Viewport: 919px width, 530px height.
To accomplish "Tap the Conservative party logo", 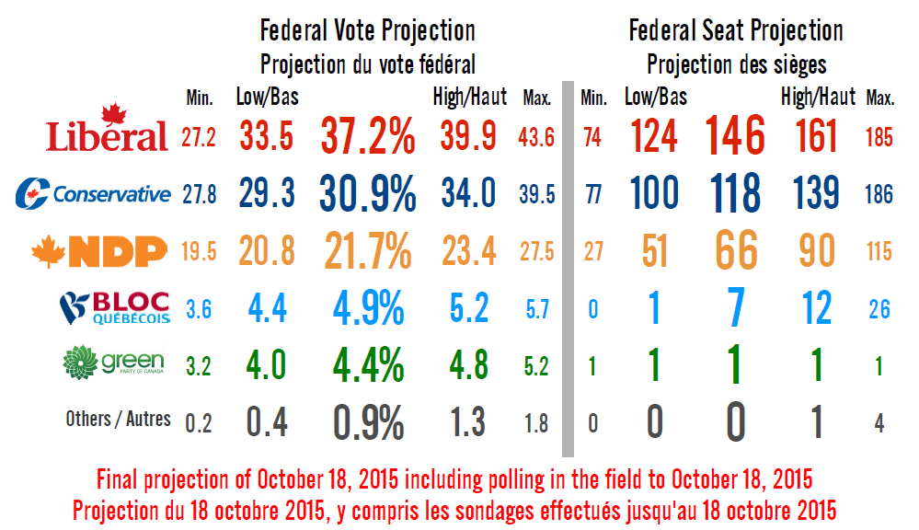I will click(94, 193).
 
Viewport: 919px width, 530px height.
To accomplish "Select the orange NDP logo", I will click(99, 249).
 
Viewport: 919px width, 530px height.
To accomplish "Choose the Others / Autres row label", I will click(118, 419).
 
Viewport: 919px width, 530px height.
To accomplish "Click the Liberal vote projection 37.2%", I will click(367, 137).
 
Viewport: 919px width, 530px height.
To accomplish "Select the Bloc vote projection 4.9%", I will click(367, 308).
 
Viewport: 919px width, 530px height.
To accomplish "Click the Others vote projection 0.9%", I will click(367, 422).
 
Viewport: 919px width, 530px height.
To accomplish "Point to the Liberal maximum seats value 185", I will click(879, 138).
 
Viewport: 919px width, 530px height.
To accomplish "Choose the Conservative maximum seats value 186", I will click(879, 194).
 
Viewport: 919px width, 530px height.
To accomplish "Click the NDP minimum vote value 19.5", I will click(199, 251).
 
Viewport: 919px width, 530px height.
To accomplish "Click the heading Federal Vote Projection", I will click(368, 30).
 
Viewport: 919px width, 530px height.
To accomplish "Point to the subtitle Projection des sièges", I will click(736, 65).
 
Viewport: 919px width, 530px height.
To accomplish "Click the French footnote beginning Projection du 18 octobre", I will click(454, 509).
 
